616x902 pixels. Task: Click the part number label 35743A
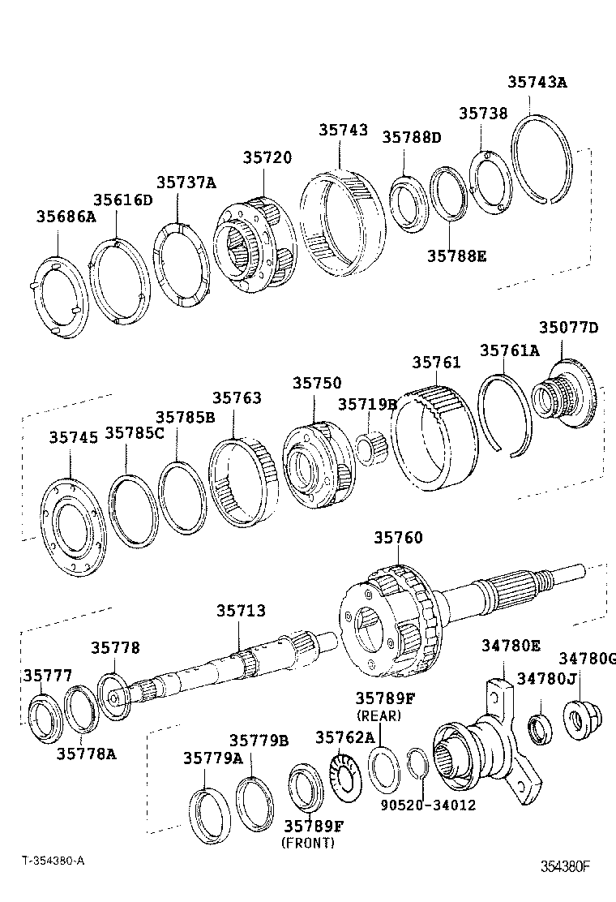click(x=537, y=82)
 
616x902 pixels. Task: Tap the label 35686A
click(x=66, y=217)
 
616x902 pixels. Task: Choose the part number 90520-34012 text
click(x=428, y=805)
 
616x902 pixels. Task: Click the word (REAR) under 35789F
click(x=379, y=716)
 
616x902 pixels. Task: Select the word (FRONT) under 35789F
click(x=307, y=843)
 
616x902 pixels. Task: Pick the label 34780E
click(x=511, y=646)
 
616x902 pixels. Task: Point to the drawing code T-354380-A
click(x=53, y=861)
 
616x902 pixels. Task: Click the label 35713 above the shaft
click(x=240, y=611)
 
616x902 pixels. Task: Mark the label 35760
click(x=398, y=538)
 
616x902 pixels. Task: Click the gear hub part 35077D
click(x=567, y=396)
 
